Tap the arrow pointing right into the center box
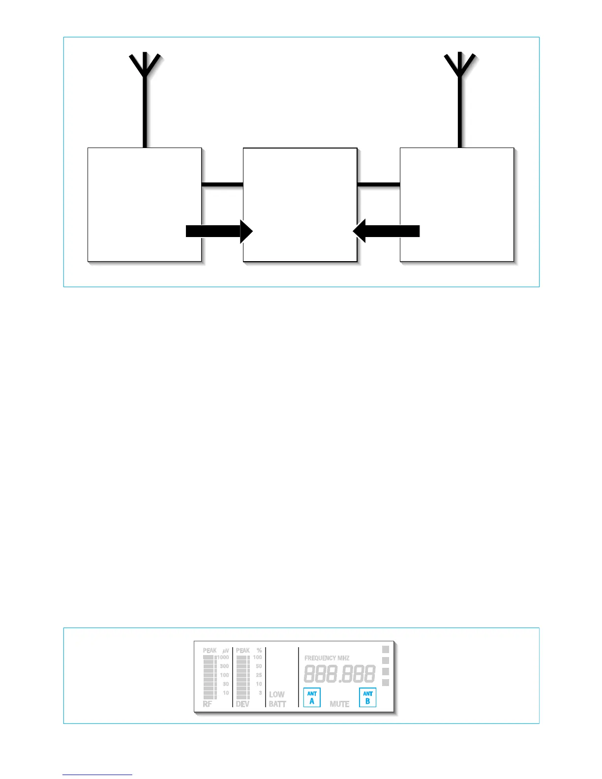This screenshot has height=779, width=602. [219, 231]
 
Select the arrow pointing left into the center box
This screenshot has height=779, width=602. [387, 231]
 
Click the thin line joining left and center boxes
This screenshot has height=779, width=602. [222, 184]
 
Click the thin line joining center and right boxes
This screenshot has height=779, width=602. [378, 184]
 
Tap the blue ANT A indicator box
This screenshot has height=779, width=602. [312, 697]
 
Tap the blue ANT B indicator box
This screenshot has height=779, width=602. [367, 697]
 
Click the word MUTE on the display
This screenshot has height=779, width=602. [339, 704]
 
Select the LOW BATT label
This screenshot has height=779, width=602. [277, 699]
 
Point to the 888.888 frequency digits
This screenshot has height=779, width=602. [339, 674]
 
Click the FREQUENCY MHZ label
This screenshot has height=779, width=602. [327, 658]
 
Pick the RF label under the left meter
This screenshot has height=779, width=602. [208, 704]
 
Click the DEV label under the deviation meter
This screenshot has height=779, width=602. [242, 704]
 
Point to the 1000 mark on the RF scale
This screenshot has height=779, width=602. [223, 658]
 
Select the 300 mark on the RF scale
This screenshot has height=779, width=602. [224, 666]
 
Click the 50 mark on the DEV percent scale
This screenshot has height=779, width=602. [259, 666]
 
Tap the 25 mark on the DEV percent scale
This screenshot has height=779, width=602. [259, 675]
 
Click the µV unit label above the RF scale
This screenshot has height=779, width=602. [226, 651]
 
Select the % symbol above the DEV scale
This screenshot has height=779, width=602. [259, 651]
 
